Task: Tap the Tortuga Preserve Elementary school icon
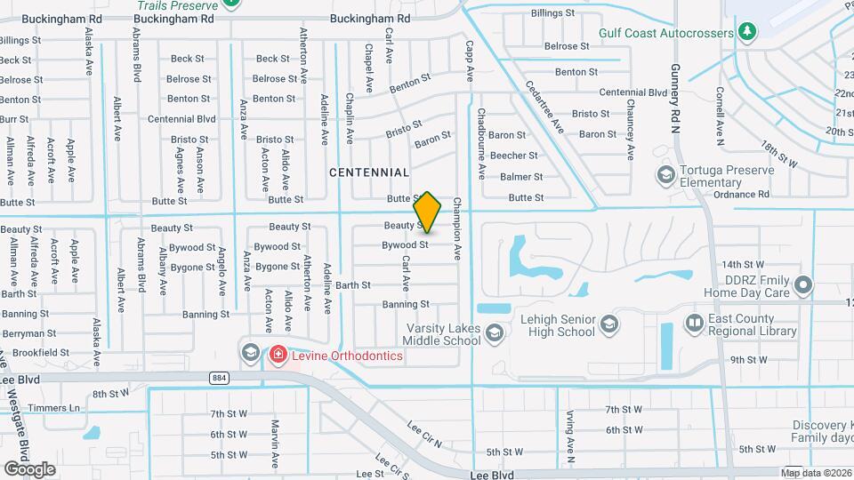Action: pyautogui.click(x=665, y=173)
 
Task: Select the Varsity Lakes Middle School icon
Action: pyautogui.click(x=495, y=333)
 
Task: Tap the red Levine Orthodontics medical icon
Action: pyautogui.click(x=278, y=356)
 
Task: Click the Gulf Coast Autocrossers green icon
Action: pyautogui.click(x=748, y=33)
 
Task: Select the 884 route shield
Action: pyautogui.click(x=219, y=378)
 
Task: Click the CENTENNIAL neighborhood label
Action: pyautogui.click(x=369, y=172)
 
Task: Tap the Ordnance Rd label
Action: pyautogui.click(x=740, y=195)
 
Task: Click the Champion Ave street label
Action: pyautogui.click(x=457, y=228)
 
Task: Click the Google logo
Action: pyautogui.click(x=29, y=468)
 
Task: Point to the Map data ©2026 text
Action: pyautogui.click(x=817, y=473)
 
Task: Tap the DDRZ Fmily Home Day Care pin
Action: pyautogui.click(x=804, y=285)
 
